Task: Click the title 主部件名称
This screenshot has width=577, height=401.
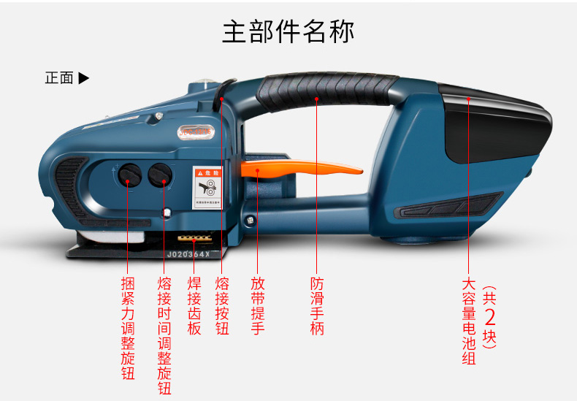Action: click(x=288, y=33)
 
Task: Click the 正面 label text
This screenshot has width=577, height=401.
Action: click(x=59, y=77)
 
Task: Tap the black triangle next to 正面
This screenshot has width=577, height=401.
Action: click(x=83, y=77)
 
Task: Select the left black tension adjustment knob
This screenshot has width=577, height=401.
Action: click(x=130, y=174)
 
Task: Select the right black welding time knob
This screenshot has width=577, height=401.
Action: click(x=160, y=174)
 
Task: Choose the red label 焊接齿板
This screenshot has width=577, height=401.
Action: click(x=194, y=306)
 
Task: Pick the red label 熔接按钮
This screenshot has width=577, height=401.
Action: click(x=222, y=306)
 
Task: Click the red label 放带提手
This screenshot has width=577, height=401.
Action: click(x=257, y=306)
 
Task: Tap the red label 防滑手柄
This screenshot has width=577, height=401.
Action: click(x=316, y=306)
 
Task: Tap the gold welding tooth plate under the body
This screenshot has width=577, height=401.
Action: click(x=195, y=238)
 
